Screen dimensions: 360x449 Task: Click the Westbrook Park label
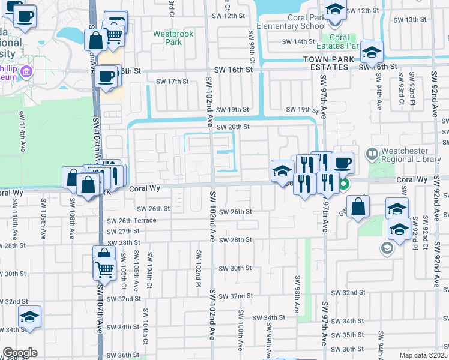[x=173, y=38]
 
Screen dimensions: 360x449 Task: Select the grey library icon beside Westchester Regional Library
[x=371, y=154]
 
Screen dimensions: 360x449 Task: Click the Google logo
[x=20, y=353]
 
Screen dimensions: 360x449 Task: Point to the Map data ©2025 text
[x=423, y=355]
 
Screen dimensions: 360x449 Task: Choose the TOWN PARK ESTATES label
[x=326, y=60]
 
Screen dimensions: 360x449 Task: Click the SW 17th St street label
[x=172, y=82]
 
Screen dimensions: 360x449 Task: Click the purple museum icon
[x=26, y=73]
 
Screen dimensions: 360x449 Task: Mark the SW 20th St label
[x=232, y=127]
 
